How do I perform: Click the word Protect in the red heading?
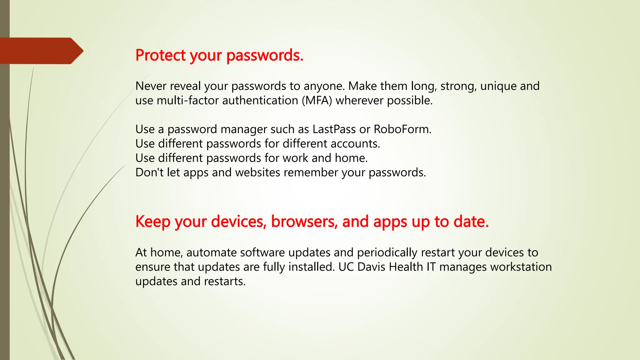[x=161, y=55]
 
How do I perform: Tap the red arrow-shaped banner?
[x=41, y=51]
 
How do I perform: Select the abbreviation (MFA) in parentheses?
[x=317, y=101]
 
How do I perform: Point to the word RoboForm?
[x=402, y=129]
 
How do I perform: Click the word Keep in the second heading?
[x=153, y=222]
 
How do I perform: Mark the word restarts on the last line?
[x=225, y=281]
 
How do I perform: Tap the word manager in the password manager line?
[x=243, y=129]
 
